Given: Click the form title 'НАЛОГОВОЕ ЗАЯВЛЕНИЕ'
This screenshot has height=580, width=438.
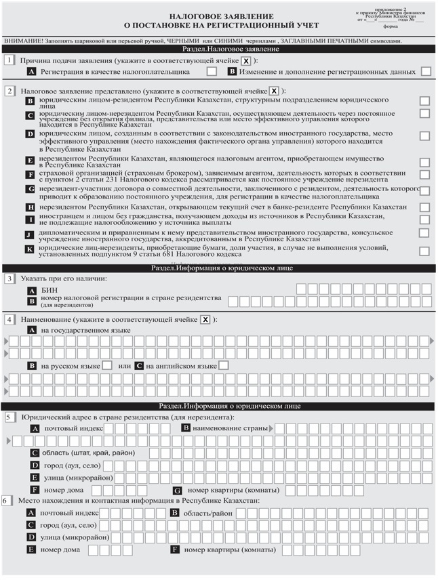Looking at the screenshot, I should click(x=222, y=16).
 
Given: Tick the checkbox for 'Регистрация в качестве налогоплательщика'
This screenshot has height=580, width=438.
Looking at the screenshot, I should click(x=212, y=71).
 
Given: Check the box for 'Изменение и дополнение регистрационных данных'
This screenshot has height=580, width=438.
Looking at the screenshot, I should click(x=426, y=71).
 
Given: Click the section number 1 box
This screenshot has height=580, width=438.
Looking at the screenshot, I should click(x=9, y=60).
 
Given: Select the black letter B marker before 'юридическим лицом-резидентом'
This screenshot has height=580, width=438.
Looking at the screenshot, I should click(x=30, y=101).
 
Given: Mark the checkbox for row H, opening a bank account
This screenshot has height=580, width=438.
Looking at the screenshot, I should click(x=424, y=207).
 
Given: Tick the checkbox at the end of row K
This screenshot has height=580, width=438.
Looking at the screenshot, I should click(x=424, y=251).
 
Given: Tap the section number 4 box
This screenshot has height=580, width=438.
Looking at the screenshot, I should click(x=9, y=319).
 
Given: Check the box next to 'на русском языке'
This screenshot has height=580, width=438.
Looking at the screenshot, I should click(x=107, y=366).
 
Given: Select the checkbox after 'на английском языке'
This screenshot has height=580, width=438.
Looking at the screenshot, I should click(x=224, y=366).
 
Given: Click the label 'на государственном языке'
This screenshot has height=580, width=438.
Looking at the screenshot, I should click(x=83, y=329).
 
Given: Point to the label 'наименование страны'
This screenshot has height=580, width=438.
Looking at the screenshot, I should click(x=230, y=428).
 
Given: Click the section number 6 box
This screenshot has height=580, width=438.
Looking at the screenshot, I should click(x=6, y=500).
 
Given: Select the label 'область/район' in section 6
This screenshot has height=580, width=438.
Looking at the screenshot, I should click(x=207, y=513).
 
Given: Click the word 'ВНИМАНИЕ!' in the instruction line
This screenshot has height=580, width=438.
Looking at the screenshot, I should click(x=24, y=41).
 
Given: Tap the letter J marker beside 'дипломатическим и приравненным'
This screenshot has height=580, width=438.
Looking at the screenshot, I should click(x=29, y=234).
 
